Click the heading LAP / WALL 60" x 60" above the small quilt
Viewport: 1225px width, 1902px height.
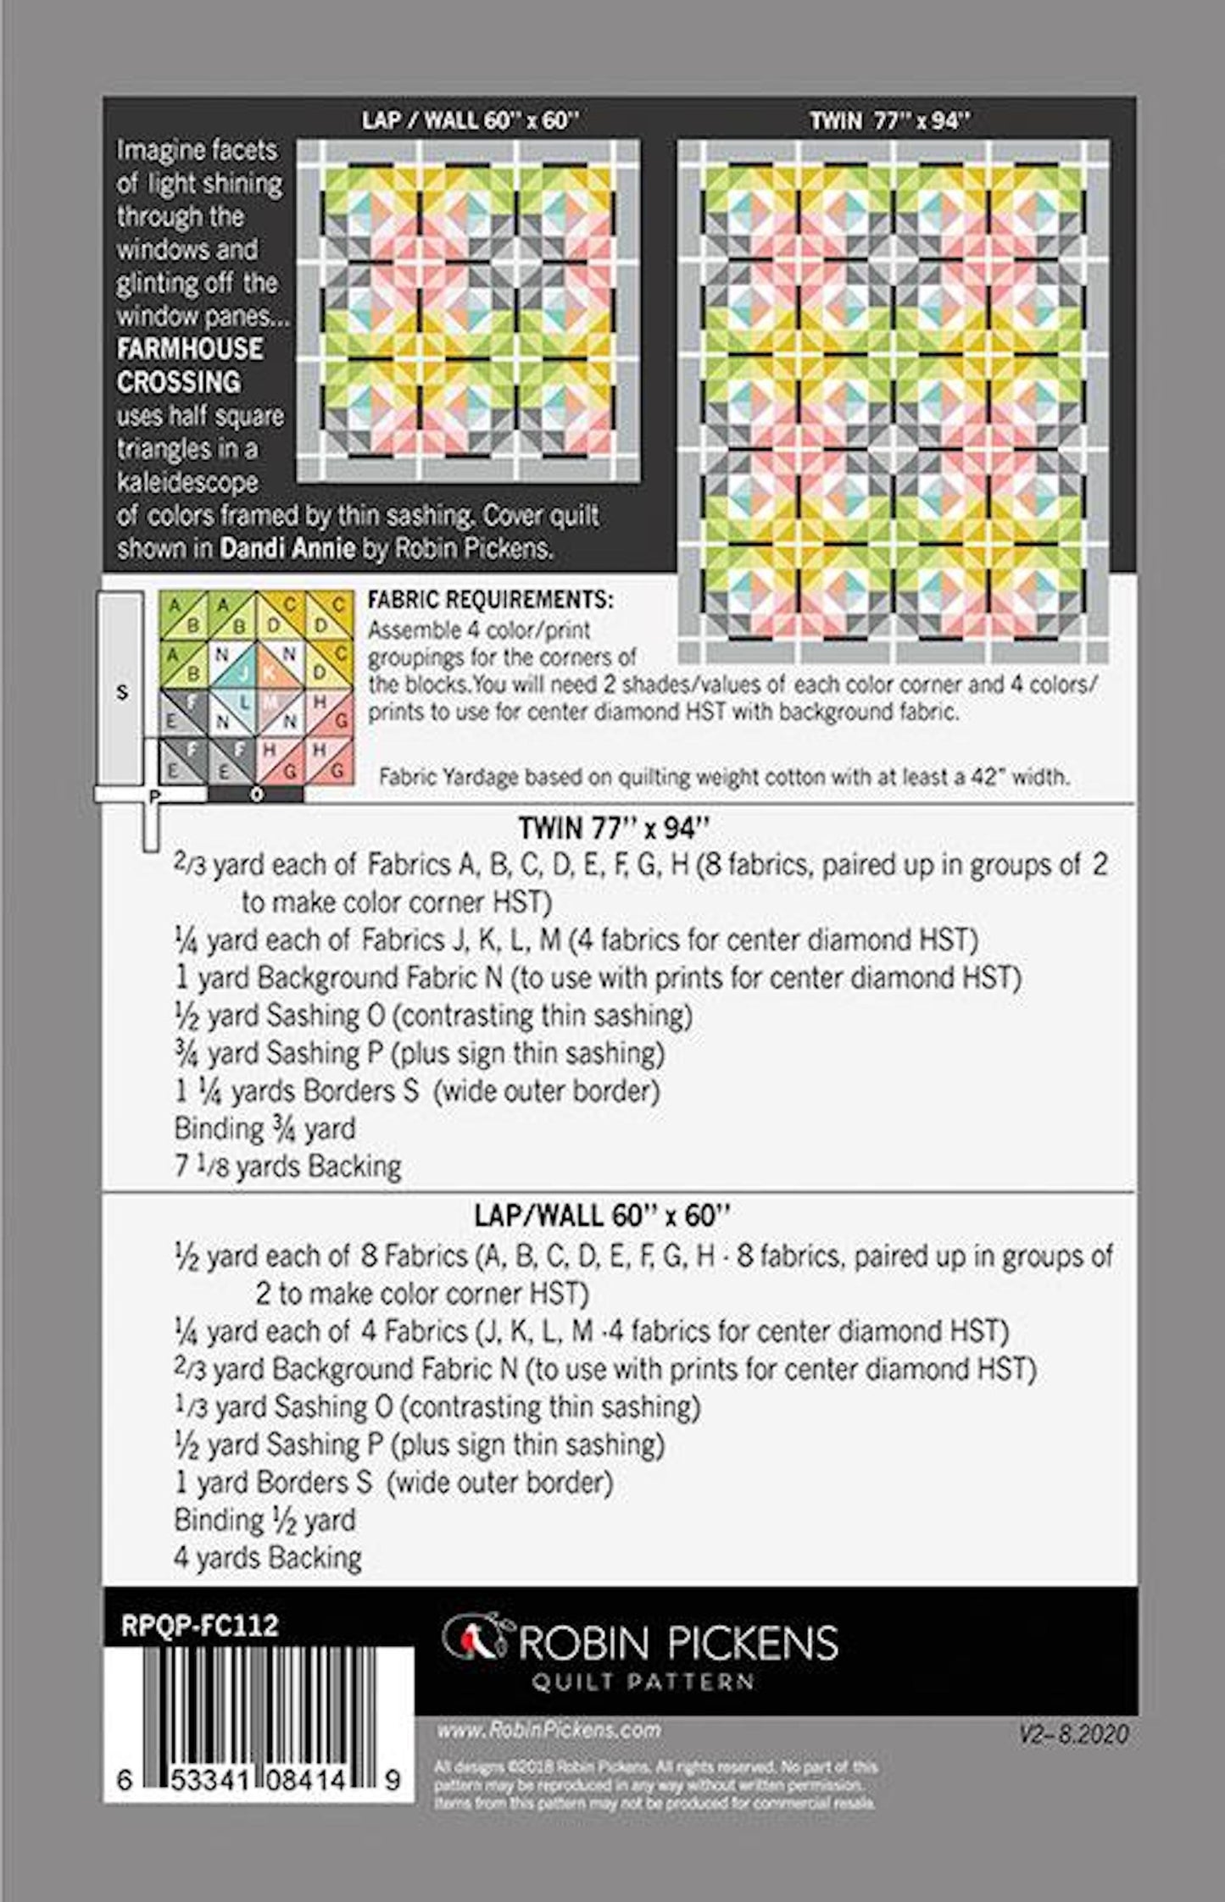tap(469, 120)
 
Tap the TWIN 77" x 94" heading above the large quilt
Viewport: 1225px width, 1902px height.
tap(890, 121)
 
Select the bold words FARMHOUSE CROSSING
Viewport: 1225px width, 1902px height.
tap(190, 365)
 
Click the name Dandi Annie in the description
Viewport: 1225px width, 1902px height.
tap(287, 548)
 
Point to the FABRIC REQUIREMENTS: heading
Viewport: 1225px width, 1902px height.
tap(490, 600)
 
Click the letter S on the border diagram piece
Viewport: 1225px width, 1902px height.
tap(122, 693)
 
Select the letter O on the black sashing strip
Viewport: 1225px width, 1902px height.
tap(256, 795)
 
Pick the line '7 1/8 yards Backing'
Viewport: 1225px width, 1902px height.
tap(287, 1167)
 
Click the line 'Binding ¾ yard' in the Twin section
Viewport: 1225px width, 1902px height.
tap(264, 1128)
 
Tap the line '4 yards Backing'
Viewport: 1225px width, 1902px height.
tap(268, 1557)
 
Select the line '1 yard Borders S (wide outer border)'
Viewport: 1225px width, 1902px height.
tap(393, 1482)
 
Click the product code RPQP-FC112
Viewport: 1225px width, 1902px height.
tap(200, 1624)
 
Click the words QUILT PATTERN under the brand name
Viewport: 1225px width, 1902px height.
tap(642, 1681)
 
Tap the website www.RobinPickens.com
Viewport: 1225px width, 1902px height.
tap(548, 1730)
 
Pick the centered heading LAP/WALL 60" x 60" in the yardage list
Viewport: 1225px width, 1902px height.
tap(602, 1216)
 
